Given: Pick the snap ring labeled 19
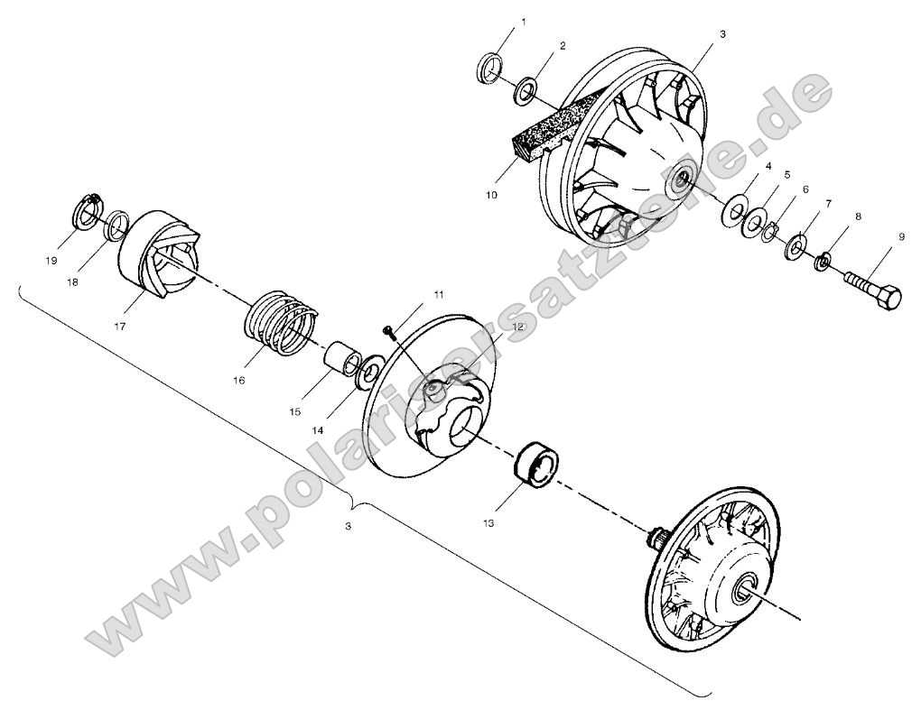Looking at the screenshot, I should [x=87, y=214].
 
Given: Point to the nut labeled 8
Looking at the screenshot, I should [x=823, y=263].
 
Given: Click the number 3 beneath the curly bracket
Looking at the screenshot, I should [x=349, y=527].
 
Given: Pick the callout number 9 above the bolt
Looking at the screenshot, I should [x=900, y=237].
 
